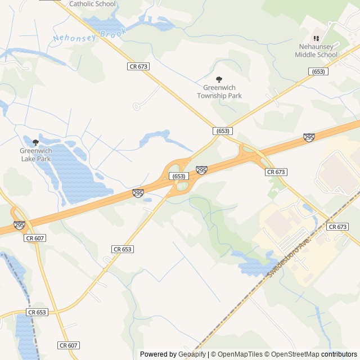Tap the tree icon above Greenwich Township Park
pos(219,80)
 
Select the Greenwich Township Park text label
pos(219,92)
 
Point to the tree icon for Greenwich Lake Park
pos(35,142)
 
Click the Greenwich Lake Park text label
pos(35,155)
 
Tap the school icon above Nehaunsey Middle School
pos(316,38)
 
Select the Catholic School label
pos(92,4)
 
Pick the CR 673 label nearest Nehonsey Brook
pos(138,66)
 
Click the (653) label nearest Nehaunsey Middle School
pos(318,71)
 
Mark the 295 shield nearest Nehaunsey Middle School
pos(309,137)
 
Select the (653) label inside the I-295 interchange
pos(179,176)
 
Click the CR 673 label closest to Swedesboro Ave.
pos(337,227)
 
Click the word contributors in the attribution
pos(339,354)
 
